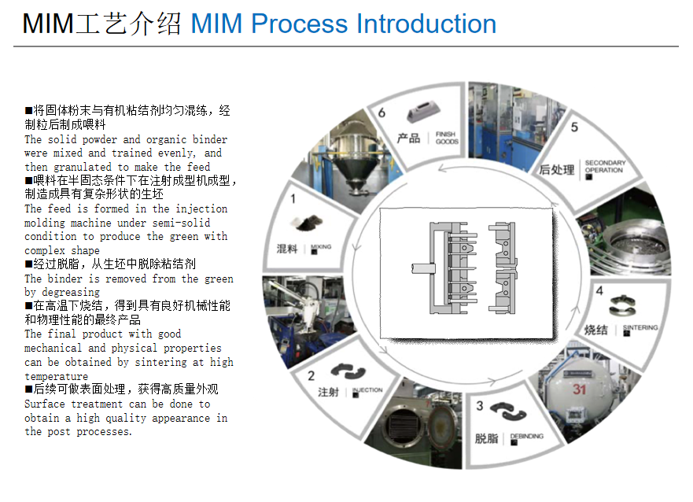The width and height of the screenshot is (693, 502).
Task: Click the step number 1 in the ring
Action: pos(293,200)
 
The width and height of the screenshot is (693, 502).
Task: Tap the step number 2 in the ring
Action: pos(311,376)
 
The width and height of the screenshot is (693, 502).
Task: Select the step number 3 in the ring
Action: pos(480,406)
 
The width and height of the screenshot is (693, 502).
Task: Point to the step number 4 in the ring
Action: pos(599,291)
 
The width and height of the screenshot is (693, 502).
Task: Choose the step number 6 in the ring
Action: pos(382,113)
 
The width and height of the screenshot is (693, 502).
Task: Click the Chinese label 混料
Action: pos(287,249)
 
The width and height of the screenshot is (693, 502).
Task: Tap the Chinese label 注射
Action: pos(328,391)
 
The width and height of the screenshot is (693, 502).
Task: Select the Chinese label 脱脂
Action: pos(487,438)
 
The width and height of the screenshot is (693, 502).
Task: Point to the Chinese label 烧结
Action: pos(595,330)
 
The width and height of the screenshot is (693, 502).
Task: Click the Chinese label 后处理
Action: pos(557,168)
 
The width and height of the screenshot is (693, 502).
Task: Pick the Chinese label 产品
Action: pos(408,138)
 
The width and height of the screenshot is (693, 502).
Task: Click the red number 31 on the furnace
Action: pos(580,389)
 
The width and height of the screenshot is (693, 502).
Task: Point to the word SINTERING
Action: pos(640,327)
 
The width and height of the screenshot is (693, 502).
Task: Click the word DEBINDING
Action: pos(526,436)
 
